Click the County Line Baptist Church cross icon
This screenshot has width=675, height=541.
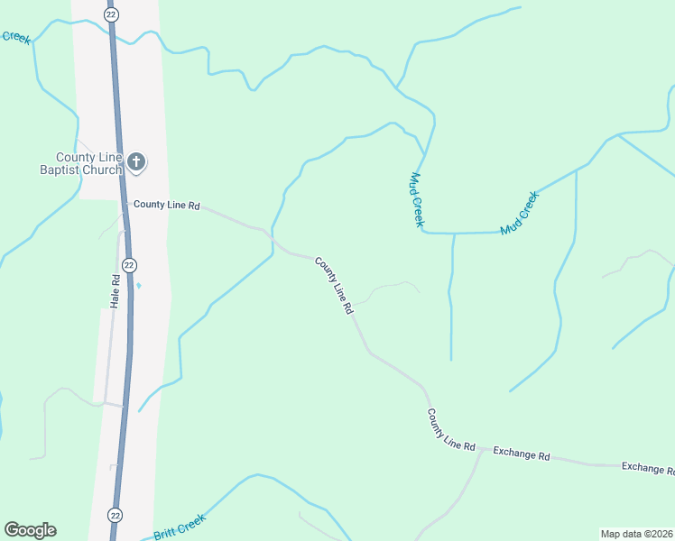136,162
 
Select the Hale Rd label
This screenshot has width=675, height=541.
115,291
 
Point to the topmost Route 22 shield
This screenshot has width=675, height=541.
110,15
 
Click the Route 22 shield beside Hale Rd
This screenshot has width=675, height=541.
130,265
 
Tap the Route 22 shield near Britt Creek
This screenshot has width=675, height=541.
115,514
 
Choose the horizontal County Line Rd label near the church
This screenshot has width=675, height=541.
166,206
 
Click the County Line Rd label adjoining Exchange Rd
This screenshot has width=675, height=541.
451,430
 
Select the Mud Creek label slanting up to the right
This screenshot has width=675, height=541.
519,213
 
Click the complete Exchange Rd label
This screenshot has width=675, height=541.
521,454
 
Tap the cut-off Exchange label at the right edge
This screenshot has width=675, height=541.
647,468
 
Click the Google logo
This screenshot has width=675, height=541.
30,530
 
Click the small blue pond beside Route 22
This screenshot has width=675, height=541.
138,287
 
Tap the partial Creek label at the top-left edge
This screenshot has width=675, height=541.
14,37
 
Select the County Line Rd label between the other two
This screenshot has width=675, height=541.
333,285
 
